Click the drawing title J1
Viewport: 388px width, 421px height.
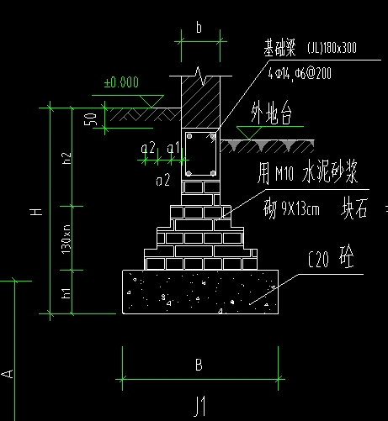click(x=199, y=407)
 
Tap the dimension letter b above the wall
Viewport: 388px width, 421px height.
click(x=199, y=28)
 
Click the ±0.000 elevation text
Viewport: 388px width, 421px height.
click(x=121, y=83)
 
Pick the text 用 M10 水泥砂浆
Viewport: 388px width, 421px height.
click(x=307, y=175)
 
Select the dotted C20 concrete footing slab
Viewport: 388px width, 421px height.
click(x=200, y=291)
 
